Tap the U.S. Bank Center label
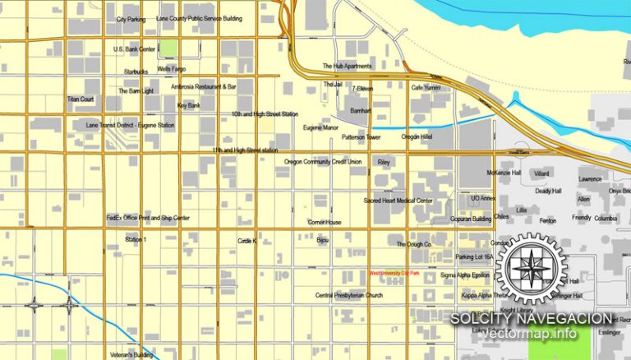coord(135,49)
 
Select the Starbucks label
coord(136,72)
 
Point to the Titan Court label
coord(81,99)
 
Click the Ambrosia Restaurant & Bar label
coord(204,86)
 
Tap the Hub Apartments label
coord(347,66)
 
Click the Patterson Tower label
coord(362,137)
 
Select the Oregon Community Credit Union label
coord(323,162)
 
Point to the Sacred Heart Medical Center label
coord(398,201)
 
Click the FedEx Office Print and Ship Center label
coord(148,218)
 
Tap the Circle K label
coord(247,241)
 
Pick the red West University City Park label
coord(394,273)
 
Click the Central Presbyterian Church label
coord(349,294)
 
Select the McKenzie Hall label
coord(504,173)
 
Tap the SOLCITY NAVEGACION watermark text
coord(531,318)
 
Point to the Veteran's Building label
coord(131,355)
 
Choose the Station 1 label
coord(136,239)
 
